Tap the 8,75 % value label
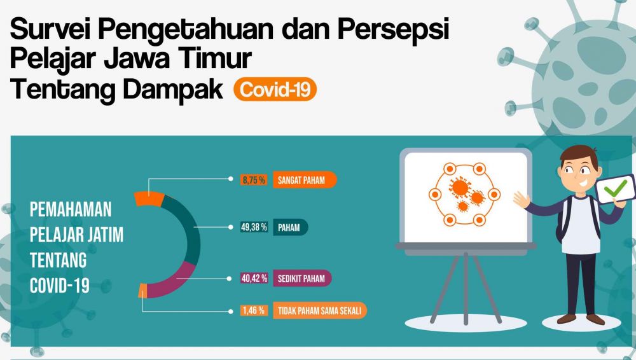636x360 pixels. point(253,180)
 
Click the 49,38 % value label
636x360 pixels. point(254,227)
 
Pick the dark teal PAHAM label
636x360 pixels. point(290,227)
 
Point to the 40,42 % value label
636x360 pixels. point(254,279)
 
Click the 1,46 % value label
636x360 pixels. point(253,312)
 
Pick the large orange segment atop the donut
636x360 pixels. point(150,199)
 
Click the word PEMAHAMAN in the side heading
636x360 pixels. point(71,209)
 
